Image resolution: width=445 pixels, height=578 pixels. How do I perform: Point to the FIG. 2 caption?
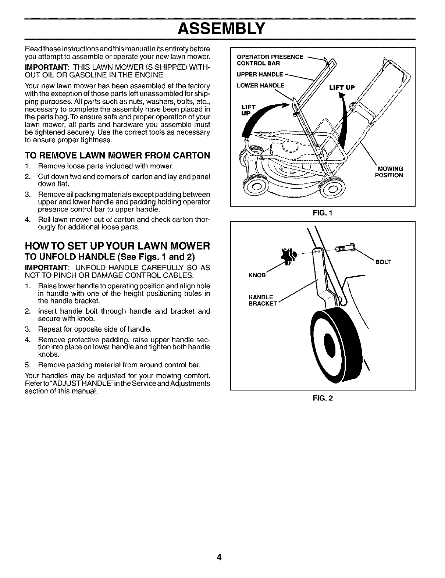tap(323, 397)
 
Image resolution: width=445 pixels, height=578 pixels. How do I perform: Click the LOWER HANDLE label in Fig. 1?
tap(261, 85)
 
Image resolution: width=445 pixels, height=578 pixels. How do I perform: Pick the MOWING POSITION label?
tap(389, 172)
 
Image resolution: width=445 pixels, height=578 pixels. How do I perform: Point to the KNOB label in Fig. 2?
tap(257, 275)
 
